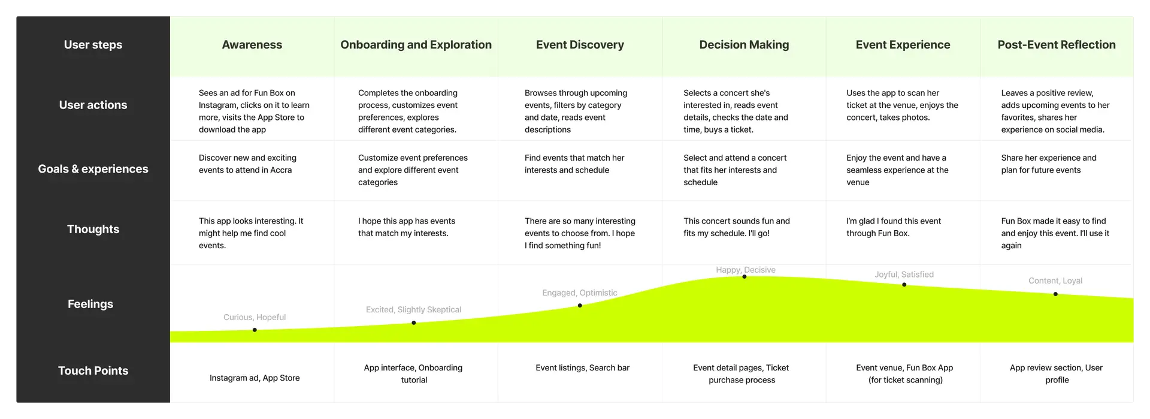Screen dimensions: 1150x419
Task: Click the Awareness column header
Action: (252, 45)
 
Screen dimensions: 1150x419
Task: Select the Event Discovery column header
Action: (580, 45)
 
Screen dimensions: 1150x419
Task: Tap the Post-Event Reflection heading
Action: (1057, 45)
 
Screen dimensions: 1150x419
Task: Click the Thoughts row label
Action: (93, 229)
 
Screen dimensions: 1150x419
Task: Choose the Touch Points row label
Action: (93, 370)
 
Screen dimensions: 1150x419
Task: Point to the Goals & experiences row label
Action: (93, 169)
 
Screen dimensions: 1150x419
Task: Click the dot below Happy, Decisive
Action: (745, 277)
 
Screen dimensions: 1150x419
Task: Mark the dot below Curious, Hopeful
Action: (255, 330)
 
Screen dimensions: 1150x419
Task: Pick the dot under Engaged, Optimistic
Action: (580, 306)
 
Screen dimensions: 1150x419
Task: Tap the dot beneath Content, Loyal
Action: (1055, 294)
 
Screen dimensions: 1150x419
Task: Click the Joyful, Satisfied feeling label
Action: (904, 275)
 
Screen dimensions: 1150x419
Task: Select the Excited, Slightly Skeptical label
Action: (413, 310)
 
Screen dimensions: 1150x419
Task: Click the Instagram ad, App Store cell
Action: (255, 378)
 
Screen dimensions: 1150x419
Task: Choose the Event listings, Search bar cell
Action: (582, 368)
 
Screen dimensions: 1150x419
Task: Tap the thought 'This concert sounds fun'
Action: (737, 227)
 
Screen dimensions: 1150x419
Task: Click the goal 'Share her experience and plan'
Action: (1049, 164)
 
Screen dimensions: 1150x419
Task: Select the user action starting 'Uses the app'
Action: (902, 105)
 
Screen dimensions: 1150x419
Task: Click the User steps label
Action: (93, 45)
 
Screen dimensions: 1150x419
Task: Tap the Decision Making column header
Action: (744, 45)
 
